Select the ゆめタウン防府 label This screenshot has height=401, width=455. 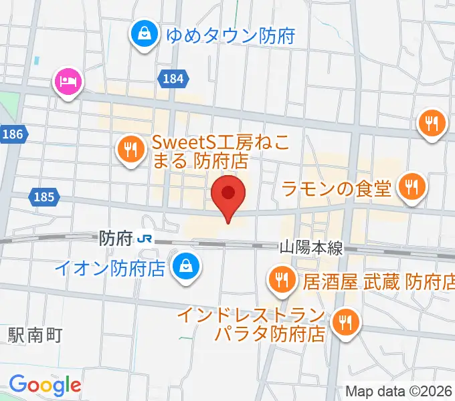click(230, 35)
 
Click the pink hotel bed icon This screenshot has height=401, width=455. click(67, 82)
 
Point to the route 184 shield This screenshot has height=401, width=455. click(173, 79)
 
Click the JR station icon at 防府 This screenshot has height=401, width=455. click(144, 237)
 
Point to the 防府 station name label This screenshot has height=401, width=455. click(115, 237)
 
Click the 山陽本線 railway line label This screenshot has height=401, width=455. click(310, 248)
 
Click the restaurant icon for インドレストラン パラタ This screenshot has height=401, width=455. click(345, 322)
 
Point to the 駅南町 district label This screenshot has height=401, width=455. click(35, 335)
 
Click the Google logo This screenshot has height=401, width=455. click(45, 384)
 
